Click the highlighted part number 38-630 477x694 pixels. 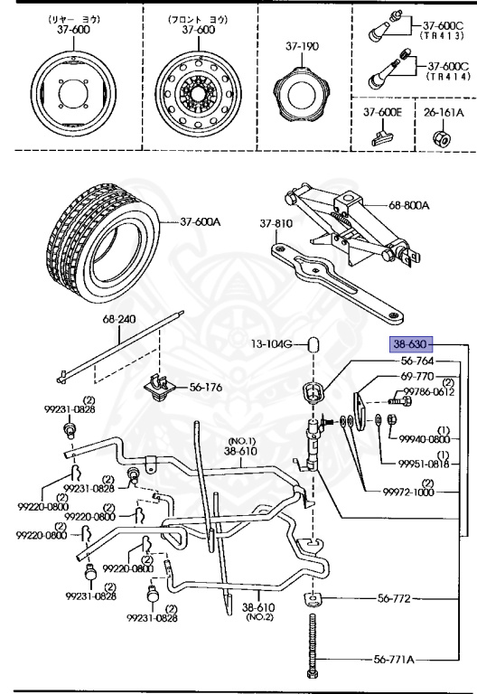[411, 344]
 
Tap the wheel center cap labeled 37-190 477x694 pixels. [302, 94]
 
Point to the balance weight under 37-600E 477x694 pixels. [382, 137]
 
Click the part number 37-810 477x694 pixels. [276, 223]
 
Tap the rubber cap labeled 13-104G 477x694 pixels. [313, 344]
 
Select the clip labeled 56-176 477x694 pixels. [160, 387]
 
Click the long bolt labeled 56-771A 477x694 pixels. [313, 645]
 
